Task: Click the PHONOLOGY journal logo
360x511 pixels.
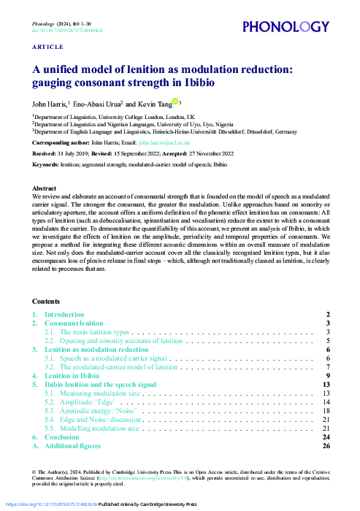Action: tap(286, 28)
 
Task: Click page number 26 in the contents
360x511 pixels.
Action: tap(326, 445)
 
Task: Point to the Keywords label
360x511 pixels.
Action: tap(45, 165)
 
